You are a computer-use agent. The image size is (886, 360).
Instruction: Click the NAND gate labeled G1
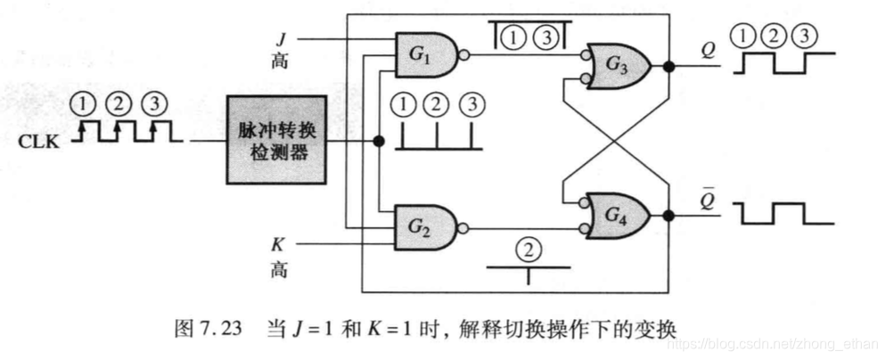click(x=424, y=56)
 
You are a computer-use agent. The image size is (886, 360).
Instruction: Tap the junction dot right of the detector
click(x=378, y=141)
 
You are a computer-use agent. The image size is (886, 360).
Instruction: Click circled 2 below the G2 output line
click(x=529, y=247)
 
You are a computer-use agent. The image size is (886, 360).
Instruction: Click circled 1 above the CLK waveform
click(x=84, y=103)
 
